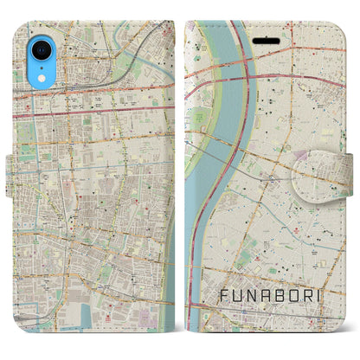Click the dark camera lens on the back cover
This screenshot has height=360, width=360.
(34, 36)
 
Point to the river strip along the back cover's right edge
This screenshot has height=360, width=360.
(170, 260)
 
